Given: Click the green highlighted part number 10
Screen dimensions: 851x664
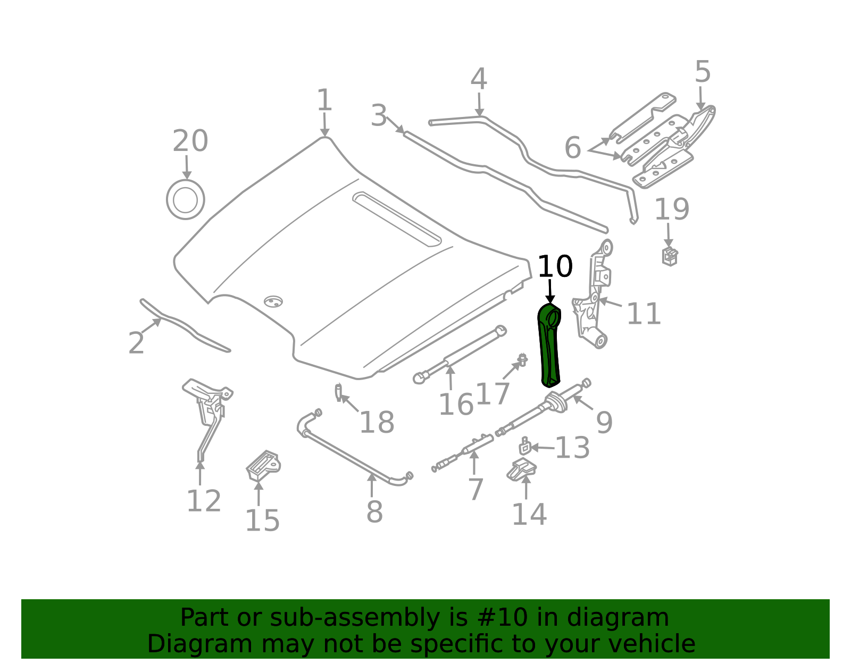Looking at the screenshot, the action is [549, 345].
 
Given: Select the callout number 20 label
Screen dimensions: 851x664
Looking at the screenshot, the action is [190, 141].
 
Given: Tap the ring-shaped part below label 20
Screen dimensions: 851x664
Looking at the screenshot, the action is [186, 199].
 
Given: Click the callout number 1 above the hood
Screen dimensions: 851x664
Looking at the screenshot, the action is [324, 100].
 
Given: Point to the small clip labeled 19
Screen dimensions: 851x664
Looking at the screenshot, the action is [670, 256].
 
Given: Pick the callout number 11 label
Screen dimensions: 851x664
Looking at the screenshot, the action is [644, 314].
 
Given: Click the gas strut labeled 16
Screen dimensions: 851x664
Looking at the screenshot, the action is [460, 355].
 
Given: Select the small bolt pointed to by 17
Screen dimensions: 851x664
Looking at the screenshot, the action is [522, 359].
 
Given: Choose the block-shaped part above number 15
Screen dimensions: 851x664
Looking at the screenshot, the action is [263, 466].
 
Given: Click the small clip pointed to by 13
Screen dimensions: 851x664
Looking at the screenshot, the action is [524, 447].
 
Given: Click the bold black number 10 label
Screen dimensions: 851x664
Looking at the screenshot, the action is [555, 266].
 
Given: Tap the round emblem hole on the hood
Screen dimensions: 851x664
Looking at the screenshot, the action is [273, 301].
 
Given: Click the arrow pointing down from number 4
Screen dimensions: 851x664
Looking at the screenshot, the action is [479, 105].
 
